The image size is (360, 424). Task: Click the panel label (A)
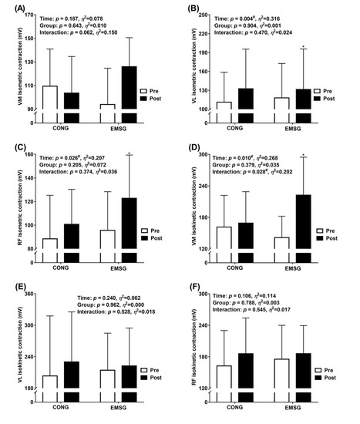[x=10, y=6]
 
